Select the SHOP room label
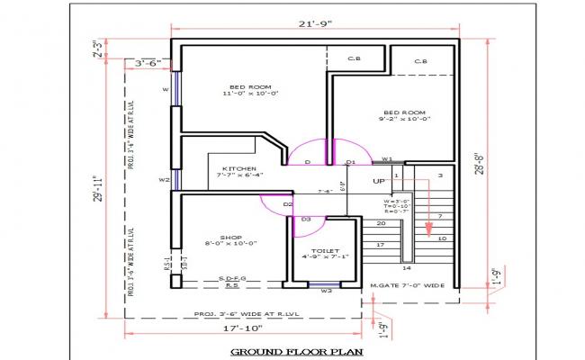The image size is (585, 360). pos(220,238)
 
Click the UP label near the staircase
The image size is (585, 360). pos(379,181)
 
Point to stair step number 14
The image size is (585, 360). pos(406,268)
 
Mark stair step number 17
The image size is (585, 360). pos(381,245)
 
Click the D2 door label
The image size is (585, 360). pos(288,204)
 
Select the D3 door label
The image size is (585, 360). pos(306,219)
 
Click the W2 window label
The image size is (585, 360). pos(164,180)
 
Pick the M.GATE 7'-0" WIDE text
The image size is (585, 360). pos(408,286)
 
